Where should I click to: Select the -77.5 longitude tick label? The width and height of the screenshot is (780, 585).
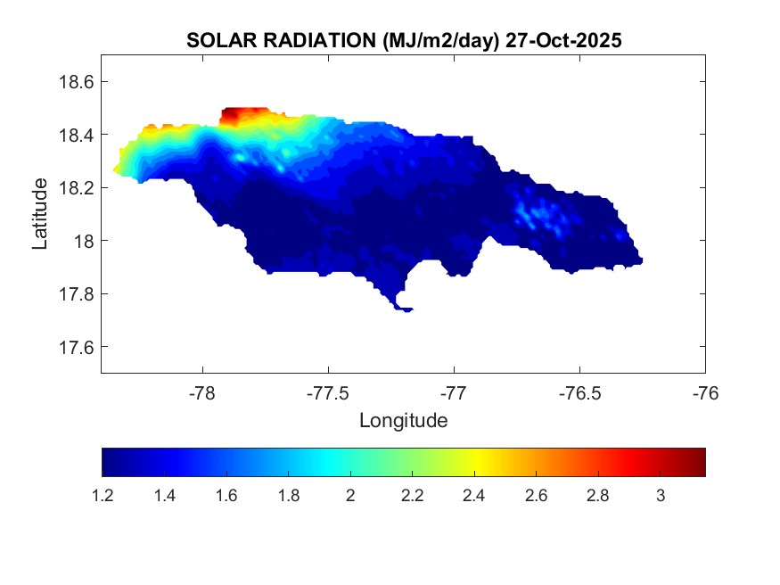(328, 392)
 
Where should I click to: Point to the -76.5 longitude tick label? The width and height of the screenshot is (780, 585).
(579, 392)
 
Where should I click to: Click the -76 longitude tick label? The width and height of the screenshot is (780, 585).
(705, 392)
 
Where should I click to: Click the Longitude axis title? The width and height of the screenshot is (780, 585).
(403, 420)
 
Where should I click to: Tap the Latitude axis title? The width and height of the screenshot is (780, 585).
(40, 214)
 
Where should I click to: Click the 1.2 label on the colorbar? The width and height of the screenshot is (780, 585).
(103, 496)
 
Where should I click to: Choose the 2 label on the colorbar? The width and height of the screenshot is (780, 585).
(350, 496)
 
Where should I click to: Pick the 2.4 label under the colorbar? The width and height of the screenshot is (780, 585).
(474, 496)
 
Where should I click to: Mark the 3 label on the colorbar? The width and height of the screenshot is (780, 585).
(660, 496)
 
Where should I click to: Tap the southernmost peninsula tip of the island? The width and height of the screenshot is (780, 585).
(405, 309)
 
